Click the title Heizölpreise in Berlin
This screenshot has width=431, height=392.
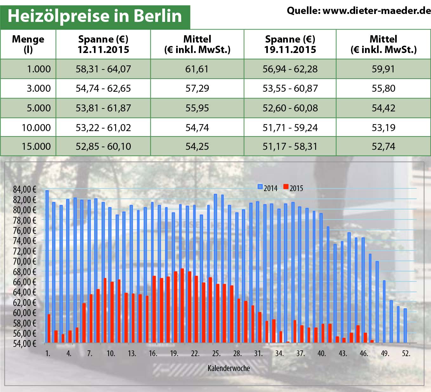tap(95, 16)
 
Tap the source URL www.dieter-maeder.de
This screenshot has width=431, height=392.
tap(376, 10)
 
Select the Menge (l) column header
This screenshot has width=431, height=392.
tap(28, 44)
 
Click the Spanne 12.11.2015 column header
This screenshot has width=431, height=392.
tap(103, 44)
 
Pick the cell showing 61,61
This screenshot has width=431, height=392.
tap(197, 69)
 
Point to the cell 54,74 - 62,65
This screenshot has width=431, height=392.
tap(103, 88)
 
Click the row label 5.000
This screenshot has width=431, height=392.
tap(38, 108)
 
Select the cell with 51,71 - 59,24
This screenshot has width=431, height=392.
tap(290, 128)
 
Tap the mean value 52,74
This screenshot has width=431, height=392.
tap(383, 146)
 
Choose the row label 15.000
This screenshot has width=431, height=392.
tap(36, 146)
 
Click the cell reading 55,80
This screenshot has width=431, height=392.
tap(383, 88)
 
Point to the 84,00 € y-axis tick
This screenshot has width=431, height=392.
tap(25, 189)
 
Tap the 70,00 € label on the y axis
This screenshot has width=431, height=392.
tap(25, 261)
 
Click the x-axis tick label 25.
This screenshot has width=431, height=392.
tap(216, 353)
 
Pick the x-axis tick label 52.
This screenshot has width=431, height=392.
tap(406, 353)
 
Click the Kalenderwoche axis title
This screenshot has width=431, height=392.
tap(229, 368)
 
